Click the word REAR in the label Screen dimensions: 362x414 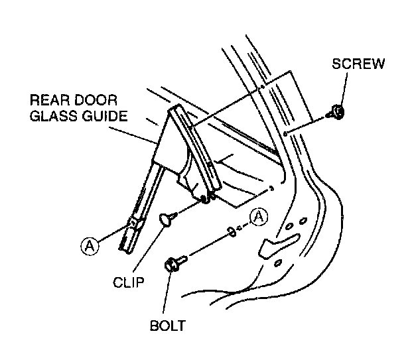(x=52, y=101)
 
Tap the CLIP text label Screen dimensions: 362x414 (x=128, y=280)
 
